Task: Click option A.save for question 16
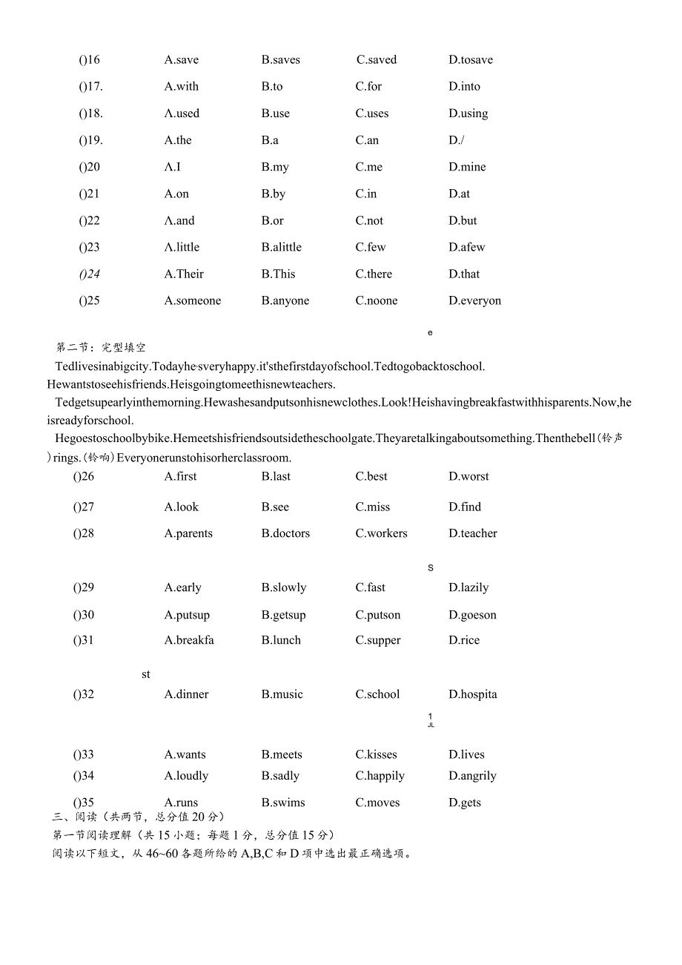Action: pyautogui.click(x=182, y=60)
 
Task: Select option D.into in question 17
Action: pyautogui.click(x=465, y=87)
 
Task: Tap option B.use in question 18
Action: pyautogui.click(x=276, y=113)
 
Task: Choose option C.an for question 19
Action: pyautogui.click(x=367, y=140)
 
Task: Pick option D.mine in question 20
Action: pyautogui.click(x=468, y=167)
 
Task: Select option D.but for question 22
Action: pyautogui.click(x=463, y=220)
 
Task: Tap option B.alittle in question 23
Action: pyautogui.click(x=282, y=247)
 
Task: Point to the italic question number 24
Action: pyautogui.click(x=90, y=274)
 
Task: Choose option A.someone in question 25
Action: pyautogui.click(x=193, y=300)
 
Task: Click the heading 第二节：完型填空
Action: pyautogui.click(x=102, y=347)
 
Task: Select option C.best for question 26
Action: pyautogui.click(x=371, y=476)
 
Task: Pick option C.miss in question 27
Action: pyautogui.click(x=372, y=507)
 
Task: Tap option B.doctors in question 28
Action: pyautogui.click(x=285, y=533)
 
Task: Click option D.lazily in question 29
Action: pyautogui.click(x=469, y=587)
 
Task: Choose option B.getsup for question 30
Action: pyautogui.click(x=283, y=615)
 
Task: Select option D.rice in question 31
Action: pyautogui.click(x=464, y=640)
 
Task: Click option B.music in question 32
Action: pyautogui.click(x=282, y=694)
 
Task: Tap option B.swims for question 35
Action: pyautogui.click(x=283, y=803)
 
